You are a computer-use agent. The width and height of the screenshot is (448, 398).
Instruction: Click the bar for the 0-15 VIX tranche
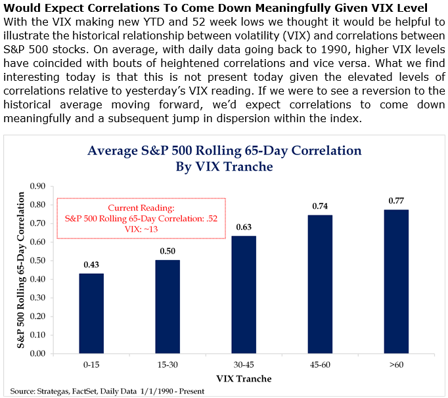[x=91, y=313]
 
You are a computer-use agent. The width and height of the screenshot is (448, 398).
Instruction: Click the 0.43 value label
[x=91, y=265]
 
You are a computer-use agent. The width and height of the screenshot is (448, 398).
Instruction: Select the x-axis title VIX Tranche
[x=244, y=378]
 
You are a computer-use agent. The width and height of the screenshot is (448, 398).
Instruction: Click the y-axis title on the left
[x=22, y=269]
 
